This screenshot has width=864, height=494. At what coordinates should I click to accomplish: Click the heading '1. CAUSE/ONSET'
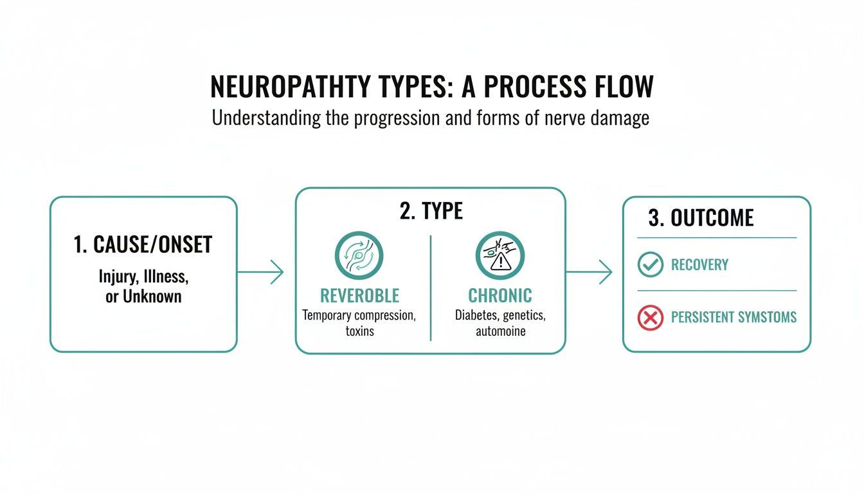[143, 244]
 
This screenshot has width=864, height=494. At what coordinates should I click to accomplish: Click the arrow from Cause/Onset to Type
[260, 272]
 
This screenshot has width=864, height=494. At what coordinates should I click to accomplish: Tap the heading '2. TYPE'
[430, 212]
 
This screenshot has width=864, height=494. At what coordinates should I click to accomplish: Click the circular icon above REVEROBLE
[359, 255]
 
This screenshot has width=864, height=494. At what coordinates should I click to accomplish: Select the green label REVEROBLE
[359, 295]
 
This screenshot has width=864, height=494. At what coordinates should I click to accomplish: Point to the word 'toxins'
[359, 331]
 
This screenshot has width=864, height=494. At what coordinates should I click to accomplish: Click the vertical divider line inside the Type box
[430, 288]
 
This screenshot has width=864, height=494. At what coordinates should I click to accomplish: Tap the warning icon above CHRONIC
[500, 255]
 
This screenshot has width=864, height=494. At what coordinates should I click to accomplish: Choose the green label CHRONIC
[500, 295]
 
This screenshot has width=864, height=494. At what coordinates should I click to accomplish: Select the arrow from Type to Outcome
[589, 272]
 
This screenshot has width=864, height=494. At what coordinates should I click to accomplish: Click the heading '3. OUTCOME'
[701, 218]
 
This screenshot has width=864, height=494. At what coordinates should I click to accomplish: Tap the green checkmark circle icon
[650, 264]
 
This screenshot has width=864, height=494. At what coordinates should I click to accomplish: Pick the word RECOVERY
[699, 265]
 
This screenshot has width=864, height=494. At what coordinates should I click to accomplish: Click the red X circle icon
[650, 317]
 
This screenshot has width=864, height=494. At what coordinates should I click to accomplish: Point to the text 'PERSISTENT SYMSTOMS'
[733, 317]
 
